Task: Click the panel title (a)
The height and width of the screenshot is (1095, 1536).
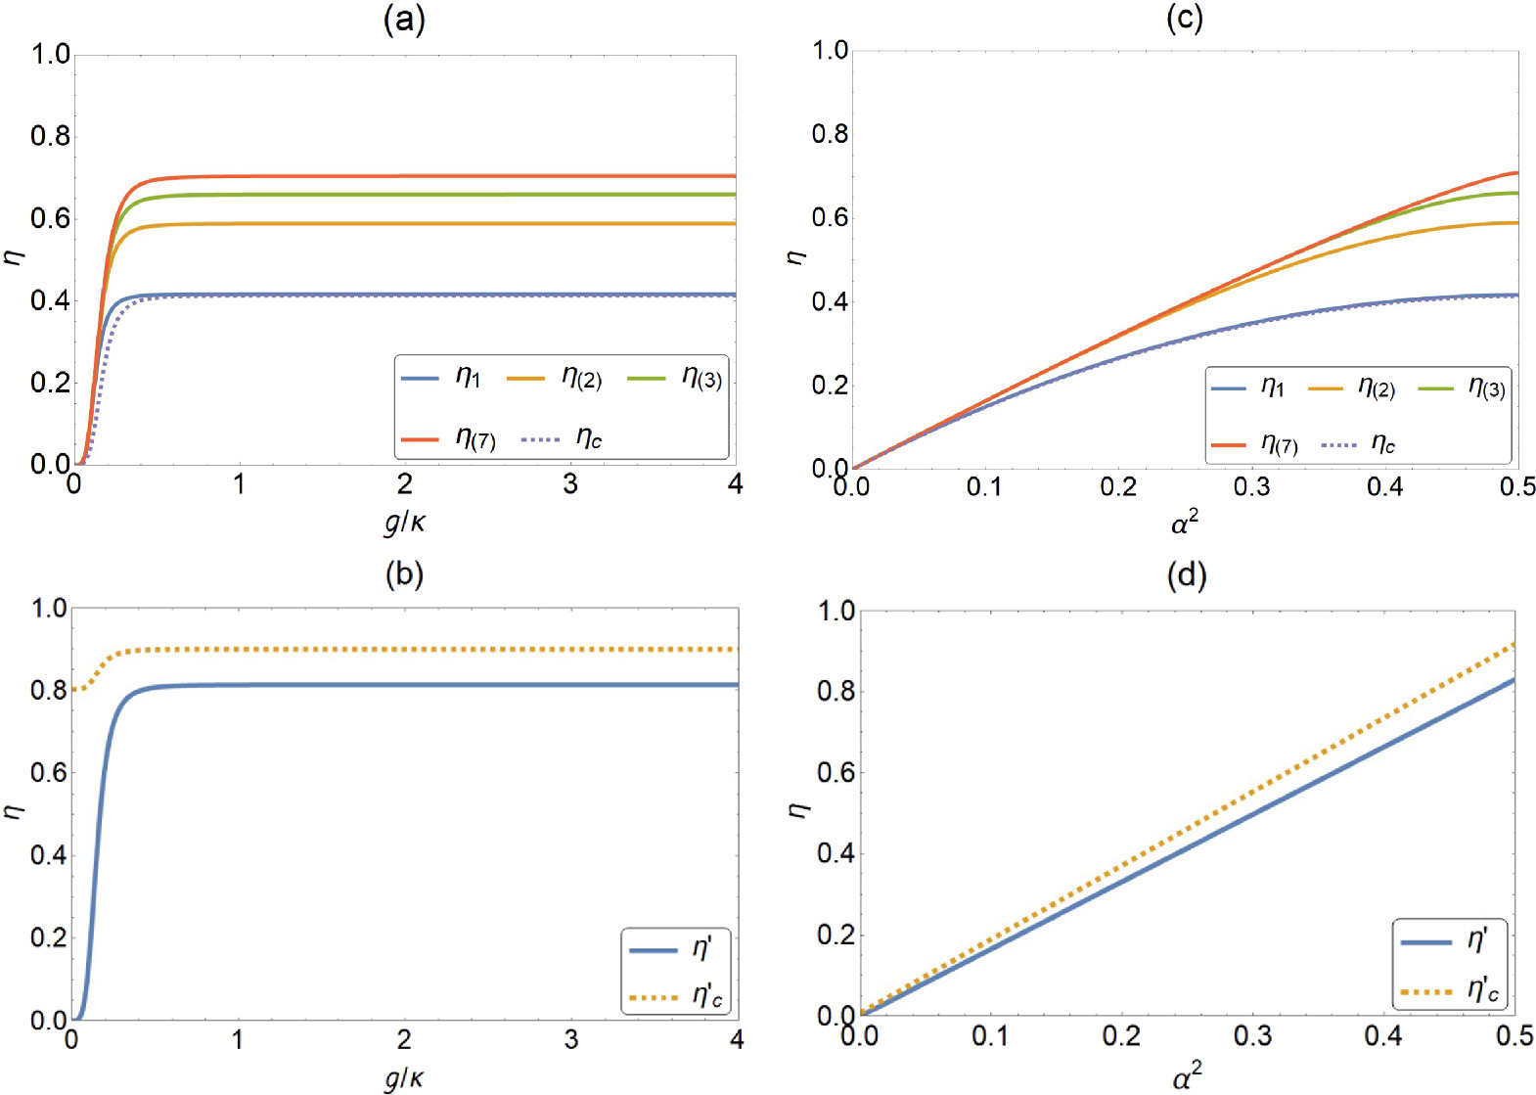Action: (404, 20)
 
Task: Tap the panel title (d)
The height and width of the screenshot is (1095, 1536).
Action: (1187, 575)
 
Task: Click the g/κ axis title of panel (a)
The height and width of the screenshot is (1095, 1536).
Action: (404, 523)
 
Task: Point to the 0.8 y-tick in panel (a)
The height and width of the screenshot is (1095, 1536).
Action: (50, 136)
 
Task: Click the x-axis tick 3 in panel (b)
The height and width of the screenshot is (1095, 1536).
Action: (570, 1040)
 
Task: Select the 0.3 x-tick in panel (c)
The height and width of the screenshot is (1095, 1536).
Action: (1251, 486)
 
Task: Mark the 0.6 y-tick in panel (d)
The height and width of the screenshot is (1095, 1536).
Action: (836, 773)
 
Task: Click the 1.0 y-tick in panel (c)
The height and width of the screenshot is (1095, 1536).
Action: (831, 51)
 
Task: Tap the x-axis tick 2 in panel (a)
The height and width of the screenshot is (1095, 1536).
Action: (404, 484)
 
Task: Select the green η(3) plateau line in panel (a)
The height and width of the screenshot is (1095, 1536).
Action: (440, 195)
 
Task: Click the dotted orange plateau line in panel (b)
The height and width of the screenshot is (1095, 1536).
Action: (440, 650)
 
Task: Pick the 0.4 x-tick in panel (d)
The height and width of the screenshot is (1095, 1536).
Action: (1383, 1035)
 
